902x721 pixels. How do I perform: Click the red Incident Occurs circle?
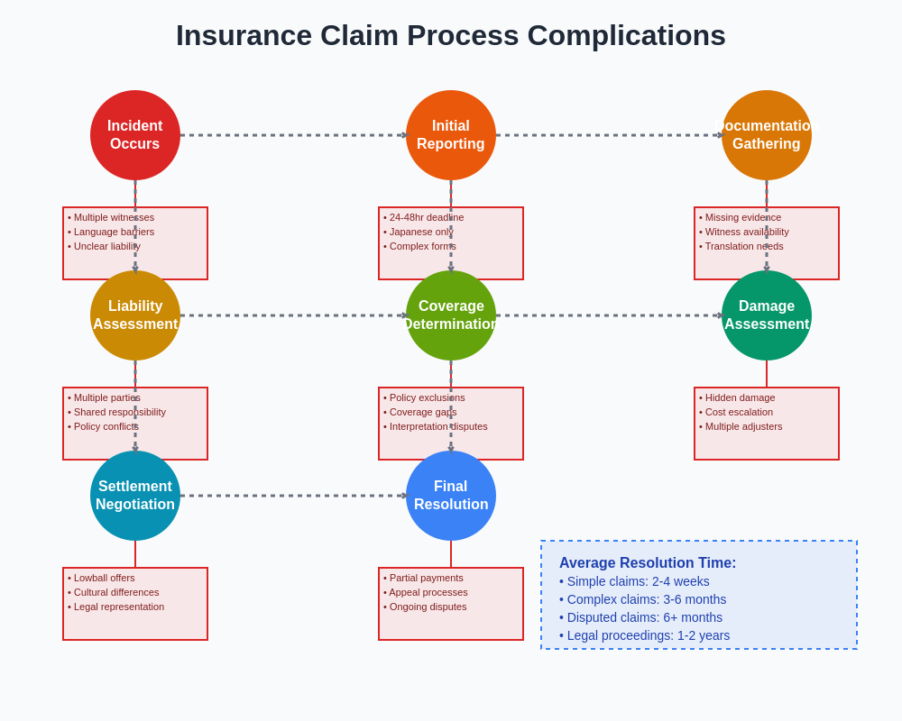[135, 135]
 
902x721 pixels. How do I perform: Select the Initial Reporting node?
[451, 135]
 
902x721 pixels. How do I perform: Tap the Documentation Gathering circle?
[767, 135]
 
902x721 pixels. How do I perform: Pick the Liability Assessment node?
[135, 315]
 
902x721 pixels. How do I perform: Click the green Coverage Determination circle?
[451, 315]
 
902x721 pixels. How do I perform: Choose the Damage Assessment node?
[767, 315]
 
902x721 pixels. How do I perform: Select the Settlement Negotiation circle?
[135, 496]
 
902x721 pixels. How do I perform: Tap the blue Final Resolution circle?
[451, 496]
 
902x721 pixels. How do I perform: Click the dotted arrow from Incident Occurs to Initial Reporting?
[293, 135]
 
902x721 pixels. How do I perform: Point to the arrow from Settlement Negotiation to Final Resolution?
[293, 496]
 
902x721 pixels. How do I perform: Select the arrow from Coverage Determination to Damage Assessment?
[609, 315]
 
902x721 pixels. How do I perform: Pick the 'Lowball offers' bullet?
[104, 578]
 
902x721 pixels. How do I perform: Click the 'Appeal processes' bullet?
[428, 592]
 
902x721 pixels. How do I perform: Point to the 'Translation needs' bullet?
[743, 246]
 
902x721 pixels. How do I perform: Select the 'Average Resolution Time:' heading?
[648, 562]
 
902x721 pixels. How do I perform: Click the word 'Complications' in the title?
[626, 35]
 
